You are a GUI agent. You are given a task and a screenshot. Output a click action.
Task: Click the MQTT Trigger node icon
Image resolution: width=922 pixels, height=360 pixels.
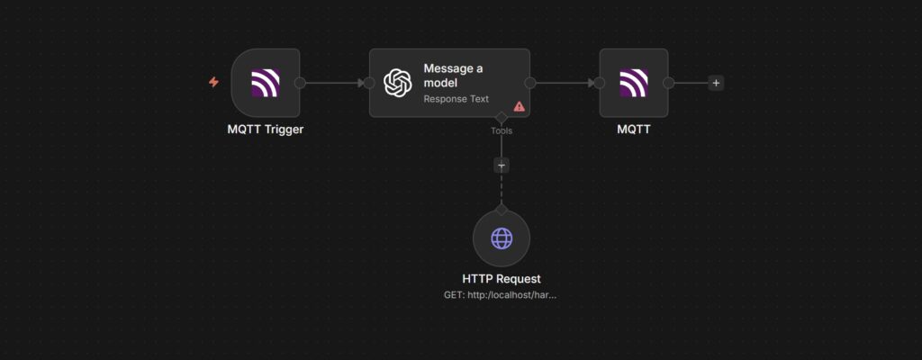pos(265,83)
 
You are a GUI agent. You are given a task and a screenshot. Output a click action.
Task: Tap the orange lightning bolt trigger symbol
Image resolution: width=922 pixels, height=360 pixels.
pos(213,82)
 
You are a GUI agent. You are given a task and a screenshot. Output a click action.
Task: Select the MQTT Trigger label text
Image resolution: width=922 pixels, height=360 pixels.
pos(265,129)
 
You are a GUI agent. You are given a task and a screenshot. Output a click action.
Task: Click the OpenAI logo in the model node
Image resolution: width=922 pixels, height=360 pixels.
pos(398,83)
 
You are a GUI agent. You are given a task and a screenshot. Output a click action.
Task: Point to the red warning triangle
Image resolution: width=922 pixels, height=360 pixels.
pos(519,106)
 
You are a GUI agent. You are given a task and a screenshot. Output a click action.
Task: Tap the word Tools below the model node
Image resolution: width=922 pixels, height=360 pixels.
pos(502,130)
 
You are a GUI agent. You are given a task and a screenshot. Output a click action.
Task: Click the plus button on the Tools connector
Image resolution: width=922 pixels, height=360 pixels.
pos(502,166)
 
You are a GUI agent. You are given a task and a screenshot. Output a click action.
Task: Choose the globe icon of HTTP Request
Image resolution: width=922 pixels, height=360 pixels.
pos(502,238)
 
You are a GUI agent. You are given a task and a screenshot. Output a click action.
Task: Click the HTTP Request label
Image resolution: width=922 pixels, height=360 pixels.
pos(502,279)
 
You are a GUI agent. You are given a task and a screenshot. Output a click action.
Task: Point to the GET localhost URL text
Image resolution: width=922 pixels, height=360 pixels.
pos(501,294)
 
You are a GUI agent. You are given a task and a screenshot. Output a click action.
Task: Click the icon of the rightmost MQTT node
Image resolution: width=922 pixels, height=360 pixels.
pos(634,83)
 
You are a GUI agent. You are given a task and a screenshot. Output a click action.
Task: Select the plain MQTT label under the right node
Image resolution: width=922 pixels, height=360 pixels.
pos(634,129)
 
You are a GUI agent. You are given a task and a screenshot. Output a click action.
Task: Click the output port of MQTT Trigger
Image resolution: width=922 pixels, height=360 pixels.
pos(300,83)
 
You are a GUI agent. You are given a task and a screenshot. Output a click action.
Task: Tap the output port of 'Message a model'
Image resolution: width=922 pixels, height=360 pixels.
pos(530,83)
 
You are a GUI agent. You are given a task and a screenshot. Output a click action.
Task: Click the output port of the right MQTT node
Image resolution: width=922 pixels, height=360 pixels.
pos(669,83)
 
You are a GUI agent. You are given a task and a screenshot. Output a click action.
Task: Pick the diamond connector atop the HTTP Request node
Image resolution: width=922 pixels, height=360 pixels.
pos(502,210)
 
